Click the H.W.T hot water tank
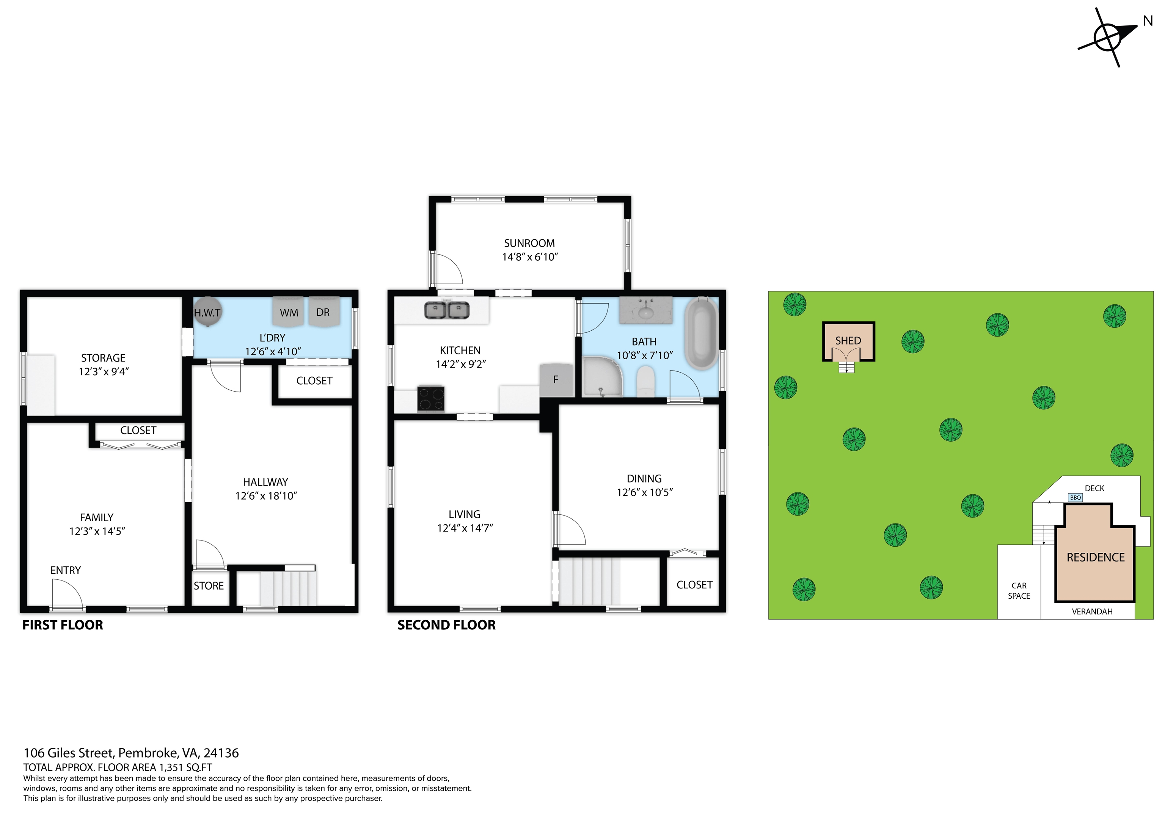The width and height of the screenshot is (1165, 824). tap(207, 311)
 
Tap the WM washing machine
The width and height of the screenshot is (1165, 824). tap(288, 311)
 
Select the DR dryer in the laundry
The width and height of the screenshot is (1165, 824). tap(323, 311)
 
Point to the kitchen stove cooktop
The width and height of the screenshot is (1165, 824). tap(430, 399)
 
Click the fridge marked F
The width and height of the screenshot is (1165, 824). tap(556, 379)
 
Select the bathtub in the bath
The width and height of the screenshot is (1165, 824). tap(702, 333)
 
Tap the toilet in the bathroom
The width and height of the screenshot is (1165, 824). tap(645, 382)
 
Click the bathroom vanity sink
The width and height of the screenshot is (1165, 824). tap(645, 310)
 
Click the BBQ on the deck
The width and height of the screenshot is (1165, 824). tap(1075, 497)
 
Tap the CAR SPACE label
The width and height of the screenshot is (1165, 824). tap(1019, 590)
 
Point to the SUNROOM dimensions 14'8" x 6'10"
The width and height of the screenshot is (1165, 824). tap(530, 257)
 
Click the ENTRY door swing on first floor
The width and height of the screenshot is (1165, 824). tap(67, 595)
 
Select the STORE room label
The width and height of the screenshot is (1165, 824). tap(209, 586)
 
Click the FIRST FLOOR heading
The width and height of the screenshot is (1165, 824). tap(63, 625)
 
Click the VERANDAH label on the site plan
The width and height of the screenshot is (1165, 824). tap(1092, 611)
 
